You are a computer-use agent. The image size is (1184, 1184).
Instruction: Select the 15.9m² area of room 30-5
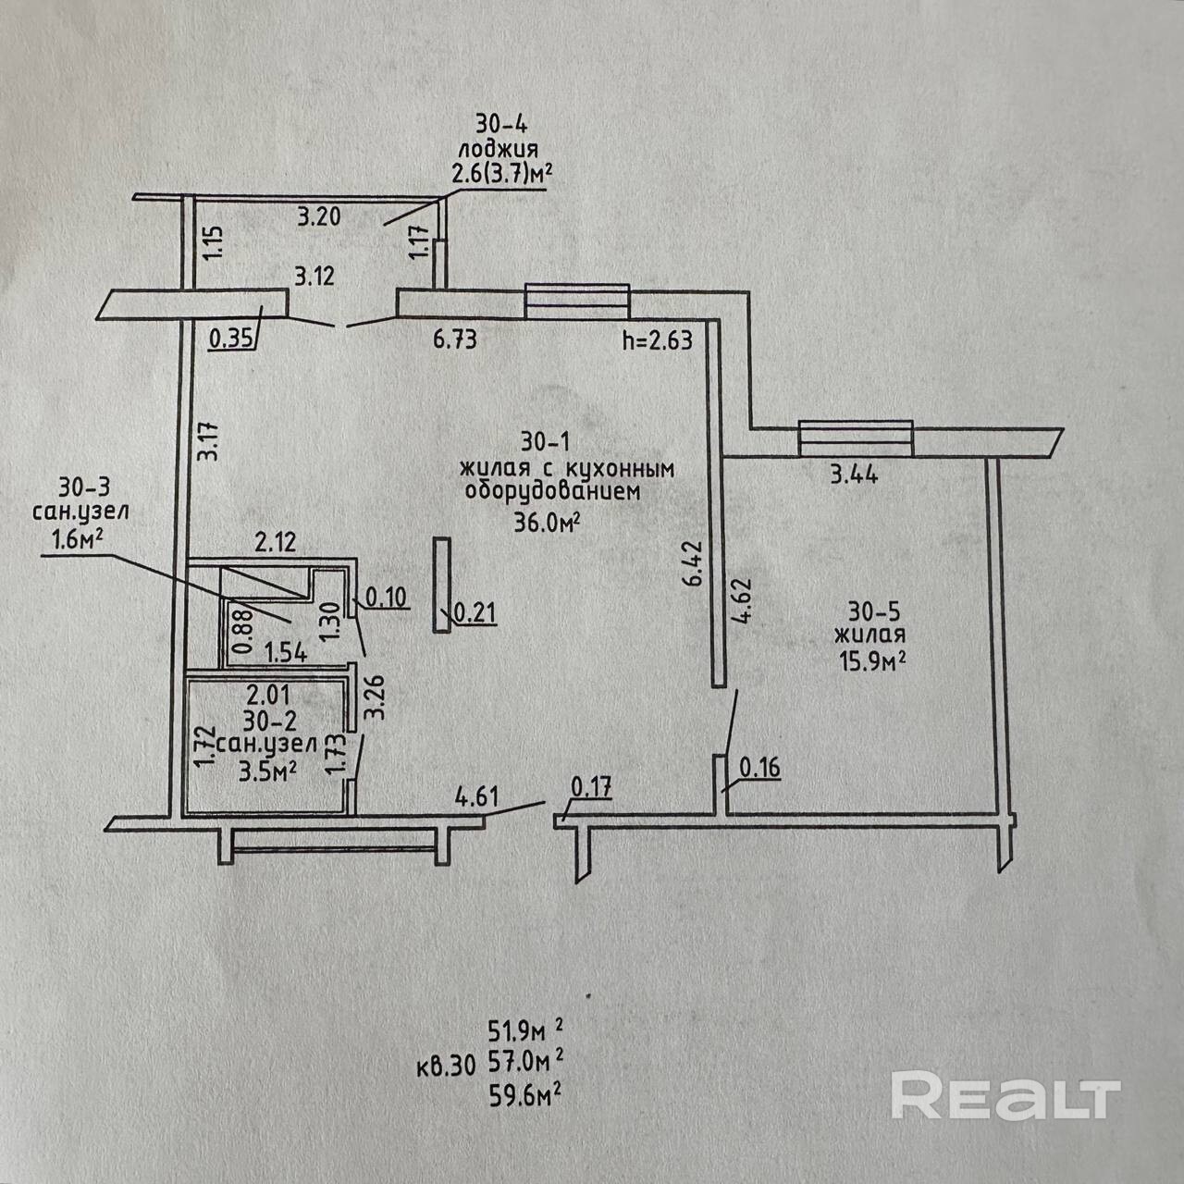pyautogui.click(x=872, y=661)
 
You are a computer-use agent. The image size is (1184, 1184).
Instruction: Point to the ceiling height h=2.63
pyautogui.click(x=658, y=339)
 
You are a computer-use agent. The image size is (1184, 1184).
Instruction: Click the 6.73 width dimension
pyautogui.click(x=455, y=339)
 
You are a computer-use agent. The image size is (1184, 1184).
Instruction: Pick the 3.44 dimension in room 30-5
pyautogui.click(x=855, y=475)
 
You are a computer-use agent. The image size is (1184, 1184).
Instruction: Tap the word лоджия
pyautogui.click(x=499, y=150)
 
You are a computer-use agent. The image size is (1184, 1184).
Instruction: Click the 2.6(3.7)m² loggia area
pyautogui.click(x=501, y=175)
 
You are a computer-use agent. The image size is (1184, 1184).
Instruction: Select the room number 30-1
pyautogui.click(x=547, y=441)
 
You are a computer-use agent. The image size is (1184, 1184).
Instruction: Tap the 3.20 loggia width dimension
pyautogui.click(x=319, y=216)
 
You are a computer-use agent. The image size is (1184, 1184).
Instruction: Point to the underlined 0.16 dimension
pyautogui.click(x=760, y=767)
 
